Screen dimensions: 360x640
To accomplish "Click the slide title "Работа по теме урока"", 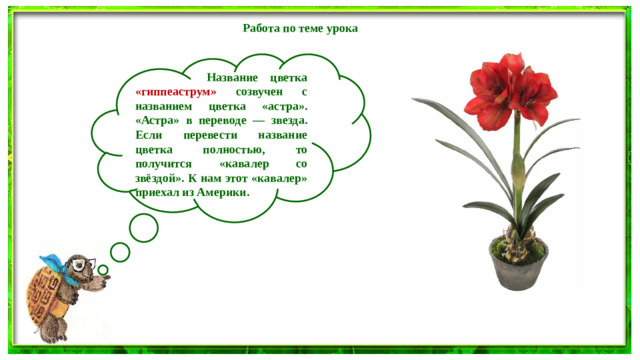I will pyautogui.click(x=300, y=28).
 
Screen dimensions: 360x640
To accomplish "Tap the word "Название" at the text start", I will pyautogui.click(x=231, y=77).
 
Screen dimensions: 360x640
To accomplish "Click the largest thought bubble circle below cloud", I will pyautogui.click(x=144, y=227).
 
